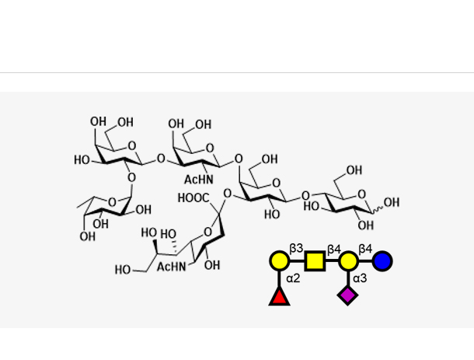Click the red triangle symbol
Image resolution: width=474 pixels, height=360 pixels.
point(279,295)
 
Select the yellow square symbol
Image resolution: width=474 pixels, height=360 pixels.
point(314,260)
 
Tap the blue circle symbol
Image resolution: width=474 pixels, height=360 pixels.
point(382,260)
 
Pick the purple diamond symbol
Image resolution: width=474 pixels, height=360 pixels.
point(347,295)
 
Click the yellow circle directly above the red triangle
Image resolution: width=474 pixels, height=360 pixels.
point(279,260)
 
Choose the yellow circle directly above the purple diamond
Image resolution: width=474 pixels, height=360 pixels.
point(347,260)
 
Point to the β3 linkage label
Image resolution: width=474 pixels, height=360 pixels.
point(296,248)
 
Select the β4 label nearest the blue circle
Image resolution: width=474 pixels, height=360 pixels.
point(365,248)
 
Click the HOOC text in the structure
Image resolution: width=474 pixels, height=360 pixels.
point(193,198)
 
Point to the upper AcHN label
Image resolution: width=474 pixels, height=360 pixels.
point(199,180)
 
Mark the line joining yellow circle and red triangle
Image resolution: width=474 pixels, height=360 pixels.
point(279,278)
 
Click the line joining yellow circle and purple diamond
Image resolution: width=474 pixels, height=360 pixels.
point(347,278)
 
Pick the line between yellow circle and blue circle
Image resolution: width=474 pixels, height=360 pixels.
point(364,260)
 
